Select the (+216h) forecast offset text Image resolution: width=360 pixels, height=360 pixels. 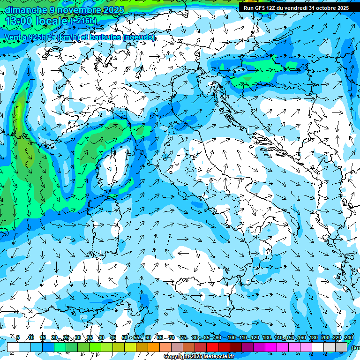tap(83, 21)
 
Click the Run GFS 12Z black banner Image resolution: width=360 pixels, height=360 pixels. tap(296, 8)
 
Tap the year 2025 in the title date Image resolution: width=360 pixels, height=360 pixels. tap(113, 10)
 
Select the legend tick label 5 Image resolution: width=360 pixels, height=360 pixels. tap(18, 337)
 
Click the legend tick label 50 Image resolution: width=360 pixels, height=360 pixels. tap(125, 337)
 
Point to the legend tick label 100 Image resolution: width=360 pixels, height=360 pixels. tap(231, 337)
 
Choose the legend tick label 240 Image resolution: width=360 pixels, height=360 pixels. tap(349, 337)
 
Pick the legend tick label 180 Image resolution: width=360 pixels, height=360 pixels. tap(314, 337)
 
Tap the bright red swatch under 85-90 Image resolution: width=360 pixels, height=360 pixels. tap(212, 347)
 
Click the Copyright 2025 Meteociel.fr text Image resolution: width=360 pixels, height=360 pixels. tap(199, 357)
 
